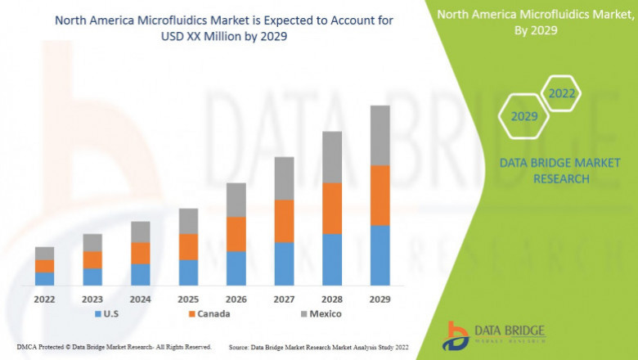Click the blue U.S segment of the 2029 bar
[380, 254]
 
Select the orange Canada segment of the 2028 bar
[331, 208]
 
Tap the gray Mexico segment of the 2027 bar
[284, 178]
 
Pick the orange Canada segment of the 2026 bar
[236, 233]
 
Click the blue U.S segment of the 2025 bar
[188, 272]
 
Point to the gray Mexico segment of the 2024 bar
[141, 232]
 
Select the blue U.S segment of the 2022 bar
[44, 278]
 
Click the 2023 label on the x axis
[92, 299]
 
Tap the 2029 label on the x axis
[380, 299]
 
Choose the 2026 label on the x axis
[236, 299]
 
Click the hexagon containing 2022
[561, 94]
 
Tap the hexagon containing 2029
[524, 116]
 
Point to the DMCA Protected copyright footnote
[114, 348]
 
